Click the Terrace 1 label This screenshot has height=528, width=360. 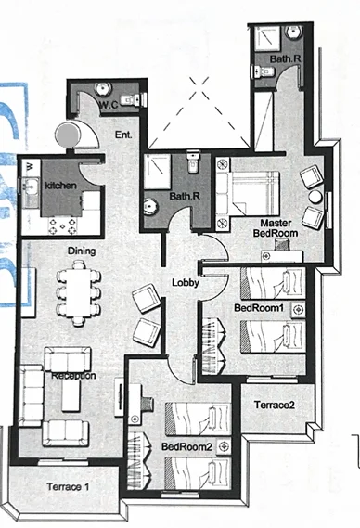[68, 487]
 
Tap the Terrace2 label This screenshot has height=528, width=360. [274, 405]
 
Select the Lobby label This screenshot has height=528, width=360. [186, 282]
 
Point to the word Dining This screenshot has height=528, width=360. [82, 251]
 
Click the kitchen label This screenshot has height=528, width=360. [60, 186]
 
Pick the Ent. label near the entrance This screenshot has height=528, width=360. [123, 135]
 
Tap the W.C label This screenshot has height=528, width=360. [109, 105]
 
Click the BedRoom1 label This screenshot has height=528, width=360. [259, 308]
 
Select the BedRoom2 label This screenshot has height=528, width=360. [186, 447]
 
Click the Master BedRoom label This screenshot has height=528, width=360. [276, 228]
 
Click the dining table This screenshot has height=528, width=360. [78, 293]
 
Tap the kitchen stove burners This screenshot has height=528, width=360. [63, 225]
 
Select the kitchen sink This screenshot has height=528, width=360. [30, 187]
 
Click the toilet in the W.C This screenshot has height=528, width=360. [133, 99]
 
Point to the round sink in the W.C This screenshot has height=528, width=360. [103, 88]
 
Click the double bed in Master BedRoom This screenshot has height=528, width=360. [248, 193]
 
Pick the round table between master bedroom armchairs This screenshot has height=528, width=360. [315, 197]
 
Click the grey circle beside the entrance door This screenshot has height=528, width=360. [68, 134]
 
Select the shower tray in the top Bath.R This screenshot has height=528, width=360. [267, 38]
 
